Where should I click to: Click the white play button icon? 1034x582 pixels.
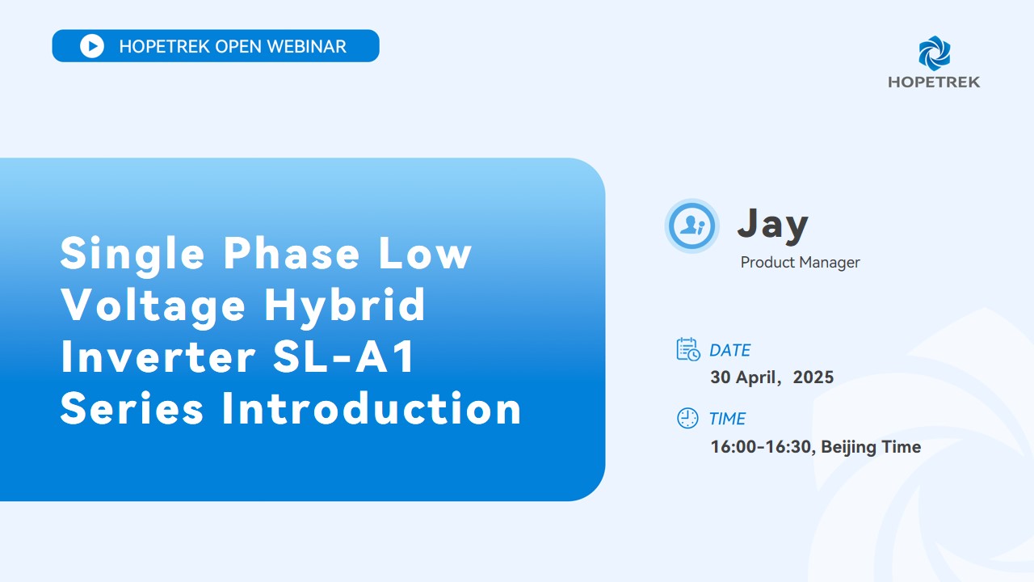[92, 46]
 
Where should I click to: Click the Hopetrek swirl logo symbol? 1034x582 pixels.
[935, 53]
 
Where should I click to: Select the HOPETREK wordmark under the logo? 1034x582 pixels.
[934, 82]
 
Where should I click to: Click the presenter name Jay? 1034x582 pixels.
[773, 225]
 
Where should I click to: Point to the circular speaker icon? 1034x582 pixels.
[691, 226]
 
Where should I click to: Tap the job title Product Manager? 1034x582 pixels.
[800, 263]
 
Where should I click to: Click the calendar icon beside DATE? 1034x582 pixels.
[688, 349]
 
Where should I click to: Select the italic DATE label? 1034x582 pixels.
[729, 351]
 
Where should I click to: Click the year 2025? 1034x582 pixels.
[813, 377]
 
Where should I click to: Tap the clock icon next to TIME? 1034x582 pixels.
[687, 418]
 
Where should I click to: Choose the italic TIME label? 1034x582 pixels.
[727, 419]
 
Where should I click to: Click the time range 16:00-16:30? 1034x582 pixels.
[761, 447]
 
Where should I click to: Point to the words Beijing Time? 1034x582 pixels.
[871, 447]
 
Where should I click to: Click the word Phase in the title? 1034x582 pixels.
[292, 253]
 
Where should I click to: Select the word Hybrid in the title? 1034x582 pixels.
[344, 305]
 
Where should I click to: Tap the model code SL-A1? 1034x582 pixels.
[344, 356]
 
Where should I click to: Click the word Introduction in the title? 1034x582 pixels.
[372, 408]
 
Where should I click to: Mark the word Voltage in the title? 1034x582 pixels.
[153, 306]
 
